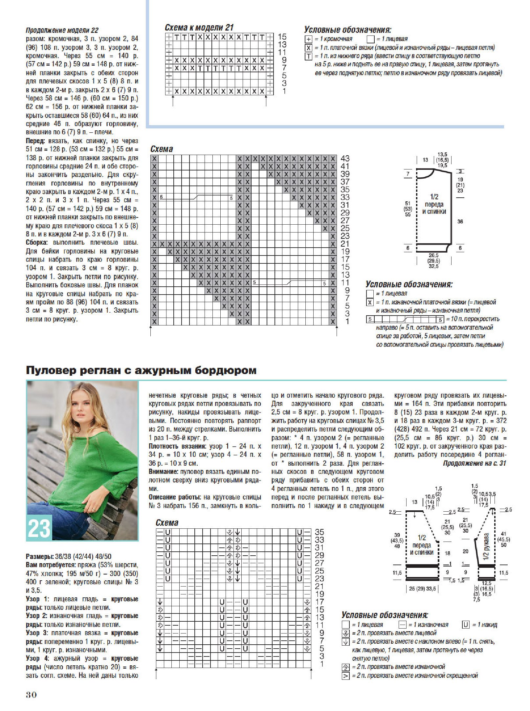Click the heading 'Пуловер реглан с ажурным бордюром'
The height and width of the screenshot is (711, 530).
pyautogui.click(x=141, y=370)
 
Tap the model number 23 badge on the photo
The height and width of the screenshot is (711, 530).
pyautogui.click(x=39, y=528)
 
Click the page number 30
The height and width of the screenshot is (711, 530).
pyautogui.click(x=31, y=695)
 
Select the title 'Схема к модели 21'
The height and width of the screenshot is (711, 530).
pyautogui.click(x=199, y=28)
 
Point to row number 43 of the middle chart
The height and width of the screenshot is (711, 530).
pyautogui.click(x=345, y=158)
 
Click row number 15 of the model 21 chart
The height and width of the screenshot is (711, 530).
pyautogui.click(x=282, y=36)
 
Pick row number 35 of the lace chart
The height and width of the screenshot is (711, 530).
pyautogui.click(x=319, y=532)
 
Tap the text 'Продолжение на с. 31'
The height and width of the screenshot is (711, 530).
pyautogui.click(x=475, y=463)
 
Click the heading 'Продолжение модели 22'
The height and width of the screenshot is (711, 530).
pyautogui.click(x=62, y=31)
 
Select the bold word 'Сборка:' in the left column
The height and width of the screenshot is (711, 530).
pyautogui.click(x=37, y=243)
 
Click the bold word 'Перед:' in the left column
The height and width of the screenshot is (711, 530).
pyautogui.click(x=35, y=141)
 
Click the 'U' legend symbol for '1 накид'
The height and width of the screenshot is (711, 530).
pyautogui.click(x=465, y=625)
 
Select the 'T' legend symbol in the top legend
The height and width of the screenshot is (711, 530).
pyautogui.click(x=308, y=56)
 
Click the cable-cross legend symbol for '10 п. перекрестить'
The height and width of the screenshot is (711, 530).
pyautogui.click(x=405, y=319)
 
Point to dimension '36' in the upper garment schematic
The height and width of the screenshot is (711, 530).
pyautogui.click(x=460, y=222)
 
